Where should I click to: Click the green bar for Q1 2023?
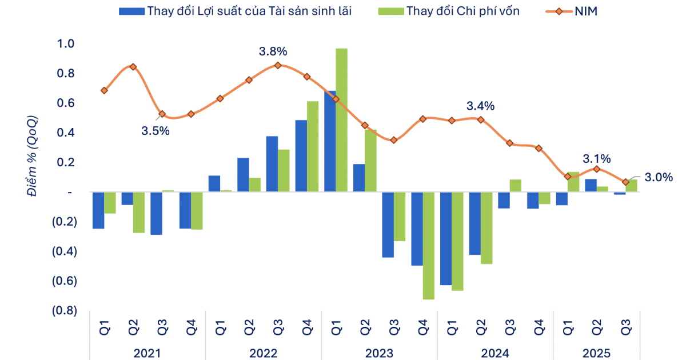coord(341,120)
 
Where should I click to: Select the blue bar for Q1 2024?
coord(445,238)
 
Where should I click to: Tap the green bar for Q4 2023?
coord(428,246)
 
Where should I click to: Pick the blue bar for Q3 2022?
coord(272,164)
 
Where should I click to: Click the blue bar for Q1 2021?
coord(98,210)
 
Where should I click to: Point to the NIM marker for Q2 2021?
coord(133,67)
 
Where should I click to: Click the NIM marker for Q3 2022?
coord(278,65)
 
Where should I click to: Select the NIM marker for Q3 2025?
coord(625,182)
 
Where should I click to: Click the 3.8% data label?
coord(273,51)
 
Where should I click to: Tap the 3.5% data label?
coord(155,130)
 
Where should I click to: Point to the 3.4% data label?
coord(480,106)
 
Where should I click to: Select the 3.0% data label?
coord(659,177)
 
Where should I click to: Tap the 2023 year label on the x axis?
coord(379,353)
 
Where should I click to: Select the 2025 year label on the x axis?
coord(597,353)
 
